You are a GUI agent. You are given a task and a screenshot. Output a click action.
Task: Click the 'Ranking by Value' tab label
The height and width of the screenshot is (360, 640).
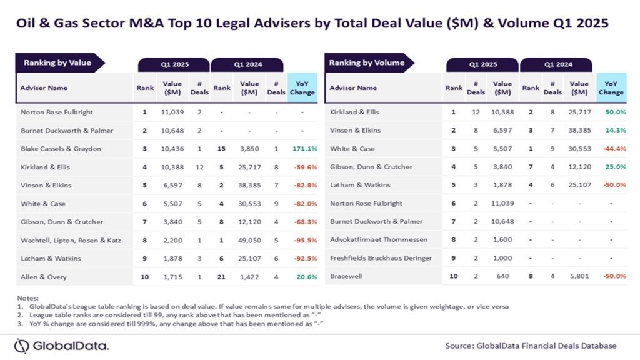(x=57, y=63)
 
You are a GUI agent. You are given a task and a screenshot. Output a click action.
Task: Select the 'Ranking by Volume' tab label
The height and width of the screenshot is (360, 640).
(x=367, y=63)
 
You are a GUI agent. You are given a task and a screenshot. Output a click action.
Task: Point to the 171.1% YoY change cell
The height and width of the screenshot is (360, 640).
(x=302, y=149)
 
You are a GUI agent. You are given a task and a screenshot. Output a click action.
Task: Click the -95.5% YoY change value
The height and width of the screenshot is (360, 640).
(x=302, y=240)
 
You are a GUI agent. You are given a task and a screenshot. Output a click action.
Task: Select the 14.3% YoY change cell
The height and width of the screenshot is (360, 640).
(x=611, y=130)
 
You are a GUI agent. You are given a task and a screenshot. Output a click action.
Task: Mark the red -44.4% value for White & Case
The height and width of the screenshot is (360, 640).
(x=611, y=149)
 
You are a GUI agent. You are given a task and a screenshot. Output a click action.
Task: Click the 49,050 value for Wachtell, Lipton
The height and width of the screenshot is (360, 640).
(x=249, y=240)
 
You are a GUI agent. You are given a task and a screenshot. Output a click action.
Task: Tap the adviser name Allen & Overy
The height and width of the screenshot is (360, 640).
(x=43, y=276)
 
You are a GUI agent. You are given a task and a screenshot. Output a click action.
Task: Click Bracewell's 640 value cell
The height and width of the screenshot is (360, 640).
(x=502, y=276)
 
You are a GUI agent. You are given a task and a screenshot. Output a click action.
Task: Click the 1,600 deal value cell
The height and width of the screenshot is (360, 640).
(x=502, y=239)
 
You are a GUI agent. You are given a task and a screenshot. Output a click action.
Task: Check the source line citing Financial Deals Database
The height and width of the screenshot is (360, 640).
(x=531, y=346)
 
